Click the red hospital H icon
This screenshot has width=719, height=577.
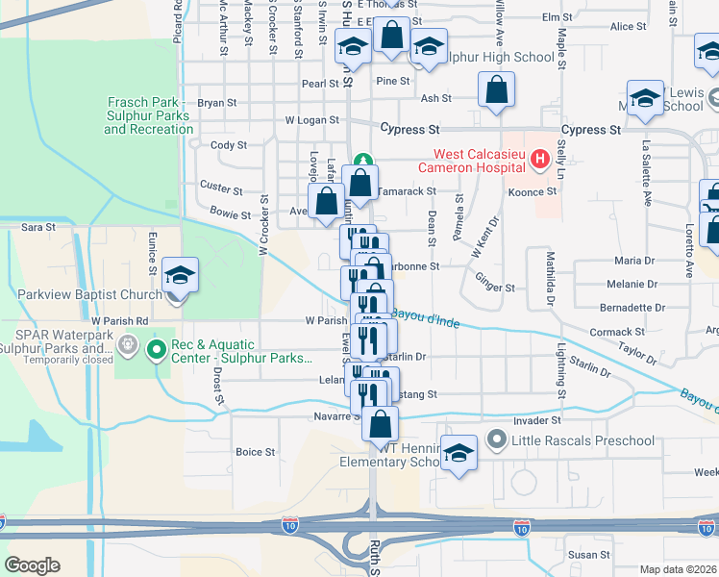(x=540, y=158)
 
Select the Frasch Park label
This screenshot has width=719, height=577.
(x=149, y=114)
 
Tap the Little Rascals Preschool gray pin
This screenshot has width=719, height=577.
(x=496, y=440)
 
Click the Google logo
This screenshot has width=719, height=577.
(x=32, y=565)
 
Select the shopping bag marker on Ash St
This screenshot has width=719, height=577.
(x=496, y=91)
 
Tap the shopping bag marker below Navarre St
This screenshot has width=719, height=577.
(x=381, y=424)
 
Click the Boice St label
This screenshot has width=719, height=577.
(x=255, y=451)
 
